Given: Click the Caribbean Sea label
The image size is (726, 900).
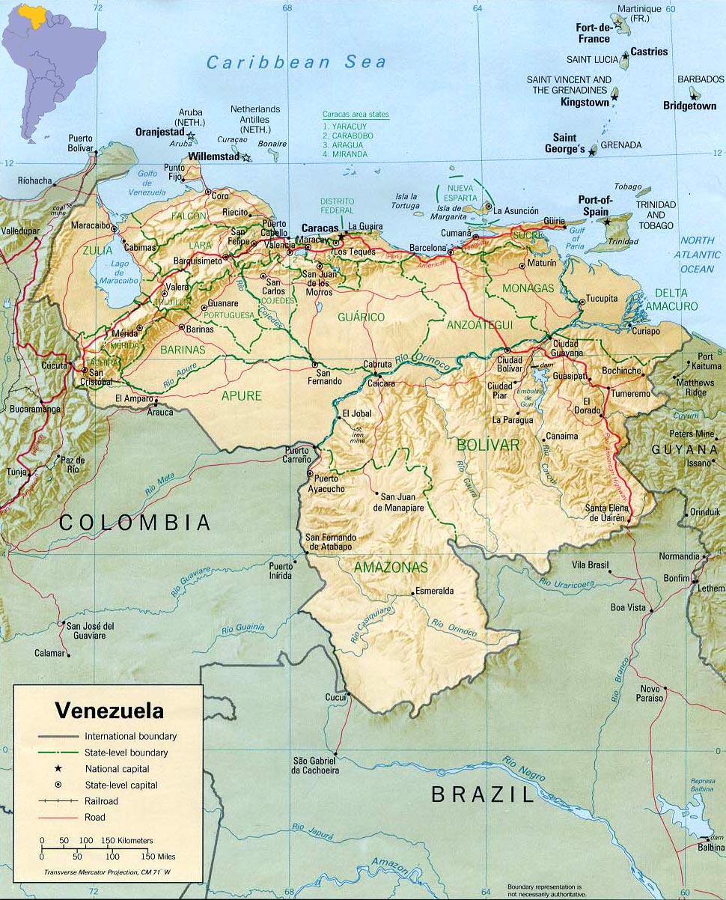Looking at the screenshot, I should (296, 63).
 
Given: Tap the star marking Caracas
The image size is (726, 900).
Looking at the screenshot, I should (341, 237).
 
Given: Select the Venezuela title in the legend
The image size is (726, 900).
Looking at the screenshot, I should (109, 710).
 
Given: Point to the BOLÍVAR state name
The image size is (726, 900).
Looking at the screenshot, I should (488, 445).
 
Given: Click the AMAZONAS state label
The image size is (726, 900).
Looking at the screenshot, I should (391, 568).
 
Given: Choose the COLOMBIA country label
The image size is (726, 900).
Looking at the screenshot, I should (135, 523).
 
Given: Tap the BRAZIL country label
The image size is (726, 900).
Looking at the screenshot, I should (483, 794).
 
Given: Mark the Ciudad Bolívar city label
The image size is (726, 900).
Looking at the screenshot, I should (509, 365).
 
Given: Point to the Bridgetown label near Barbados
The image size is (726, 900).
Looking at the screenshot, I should (690, 106).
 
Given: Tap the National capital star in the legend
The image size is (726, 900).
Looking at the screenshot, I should (57, 769).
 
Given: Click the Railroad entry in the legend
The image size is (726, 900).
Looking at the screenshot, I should (102, 801).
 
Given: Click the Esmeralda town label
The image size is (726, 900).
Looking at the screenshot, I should (434, 591).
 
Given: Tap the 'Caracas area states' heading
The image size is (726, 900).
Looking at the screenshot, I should (356, 115).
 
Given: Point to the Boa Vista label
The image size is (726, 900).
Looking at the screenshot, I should (627, 607).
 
